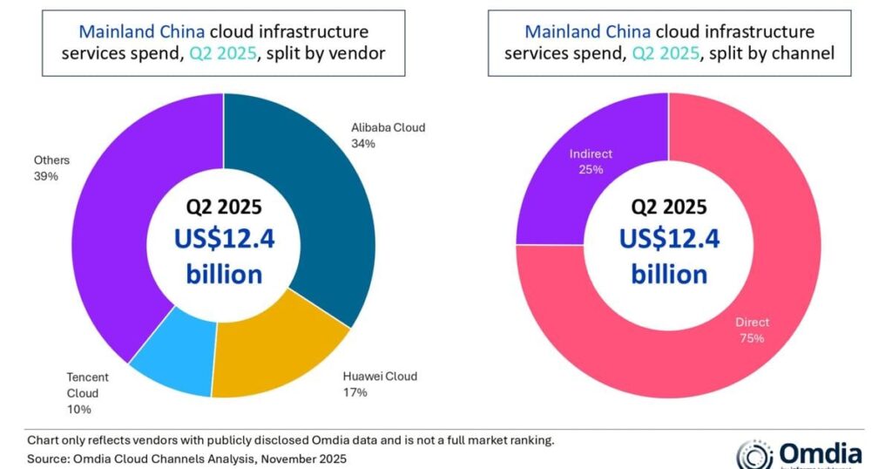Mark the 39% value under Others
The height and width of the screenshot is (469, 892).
tap(45, 176)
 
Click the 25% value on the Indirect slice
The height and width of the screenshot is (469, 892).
tap(591, 169)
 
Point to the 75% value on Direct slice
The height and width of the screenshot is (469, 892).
tap(751, 338)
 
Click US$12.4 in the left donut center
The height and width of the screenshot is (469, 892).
tap(224, 238)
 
